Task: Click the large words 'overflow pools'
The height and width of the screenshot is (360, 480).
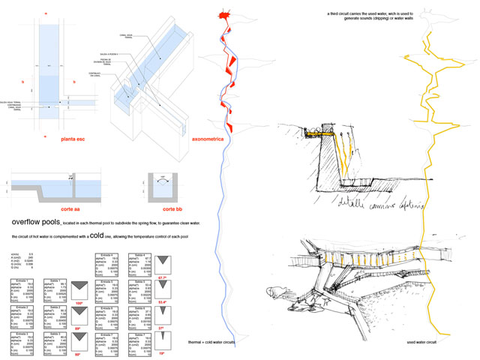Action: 36,224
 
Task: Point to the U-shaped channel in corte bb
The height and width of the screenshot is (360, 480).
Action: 161,184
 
